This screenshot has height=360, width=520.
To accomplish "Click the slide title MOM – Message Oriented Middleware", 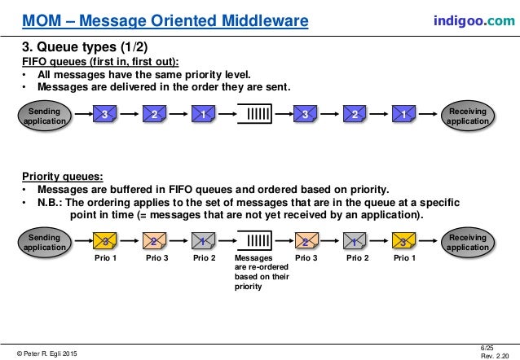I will pos(165,19).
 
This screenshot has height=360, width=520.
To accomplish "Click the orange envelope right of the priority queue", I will pos(305,241).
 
